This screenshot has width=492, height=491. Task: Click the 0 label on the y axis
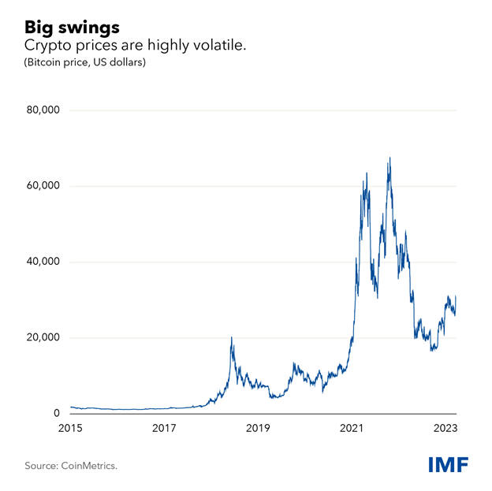pyautogui.click(x=57, y=413)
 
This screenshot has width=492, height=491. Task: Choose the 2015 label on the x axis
pyautogui.click(x=71, y=429)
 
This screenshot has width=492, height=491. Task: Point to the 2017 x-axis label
pyautogui.click(x=164, y=429)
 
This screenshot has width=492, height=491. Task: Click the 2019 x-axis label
pyautogui.click(x=258, y=429)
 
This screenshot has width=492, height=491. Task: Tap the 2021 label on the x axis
pyautogui.click(x=351, y=429)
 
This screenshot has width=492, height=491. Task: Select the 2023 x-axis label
pyautogui.click(x=445, y=429)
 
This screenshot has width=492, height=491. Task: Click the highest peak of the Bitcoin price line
pyautogui.click(x=389, y=158)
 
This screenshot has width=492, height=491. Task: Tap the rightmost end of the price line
pyautogui.click(x=457, y=296)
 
